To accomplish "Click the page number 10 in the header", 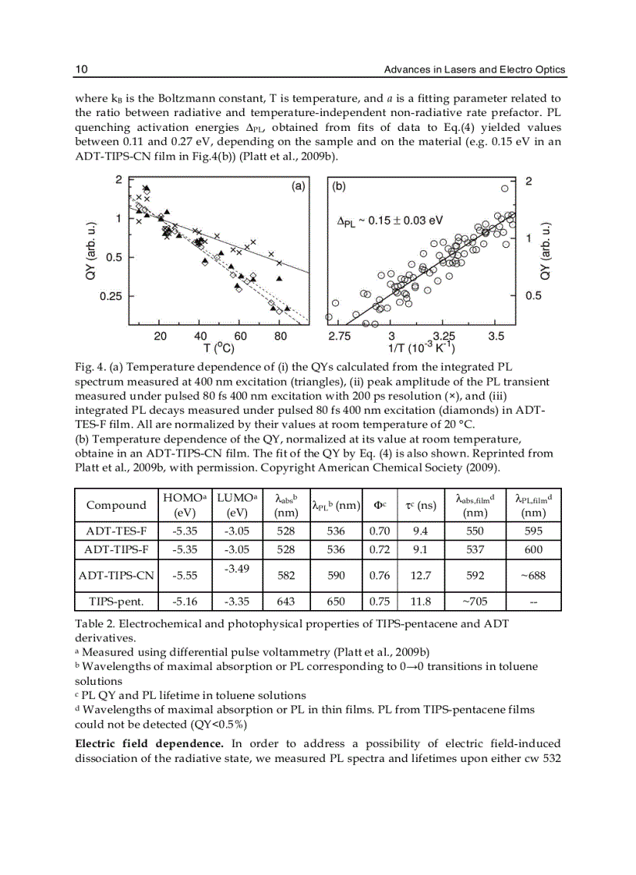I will pos(81,70).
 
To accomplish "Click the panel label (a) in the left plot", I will pos(296,187).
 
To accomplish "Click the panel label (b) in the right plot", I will pos(340,187).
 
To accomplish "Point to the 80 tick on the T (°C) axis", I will pos(281,337).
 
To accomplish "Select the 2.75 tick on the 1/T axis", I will pos(340,337).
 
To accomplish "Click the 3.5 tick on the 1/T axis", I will pos(496,337).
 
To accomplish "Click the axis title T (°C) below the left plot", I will pos(218,348).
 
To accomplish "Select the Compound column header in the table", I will pos(116,506).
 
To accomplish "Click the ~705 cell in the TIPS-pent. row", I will pos(474,602).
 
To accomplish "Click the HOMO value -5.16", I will pos(184,602).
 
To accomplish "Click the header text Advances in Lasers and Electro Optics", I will pos(475,70).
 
